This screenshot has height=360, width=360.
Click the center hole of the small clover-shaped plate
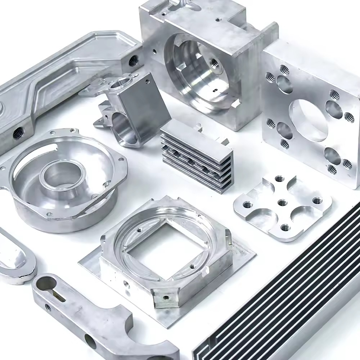282,203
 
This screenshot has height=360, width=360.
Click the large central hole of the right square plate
308,119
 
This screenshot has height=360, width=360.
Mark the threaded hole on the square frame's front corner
166,298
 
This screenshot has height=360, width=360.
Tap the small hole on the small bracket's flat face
147,82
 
